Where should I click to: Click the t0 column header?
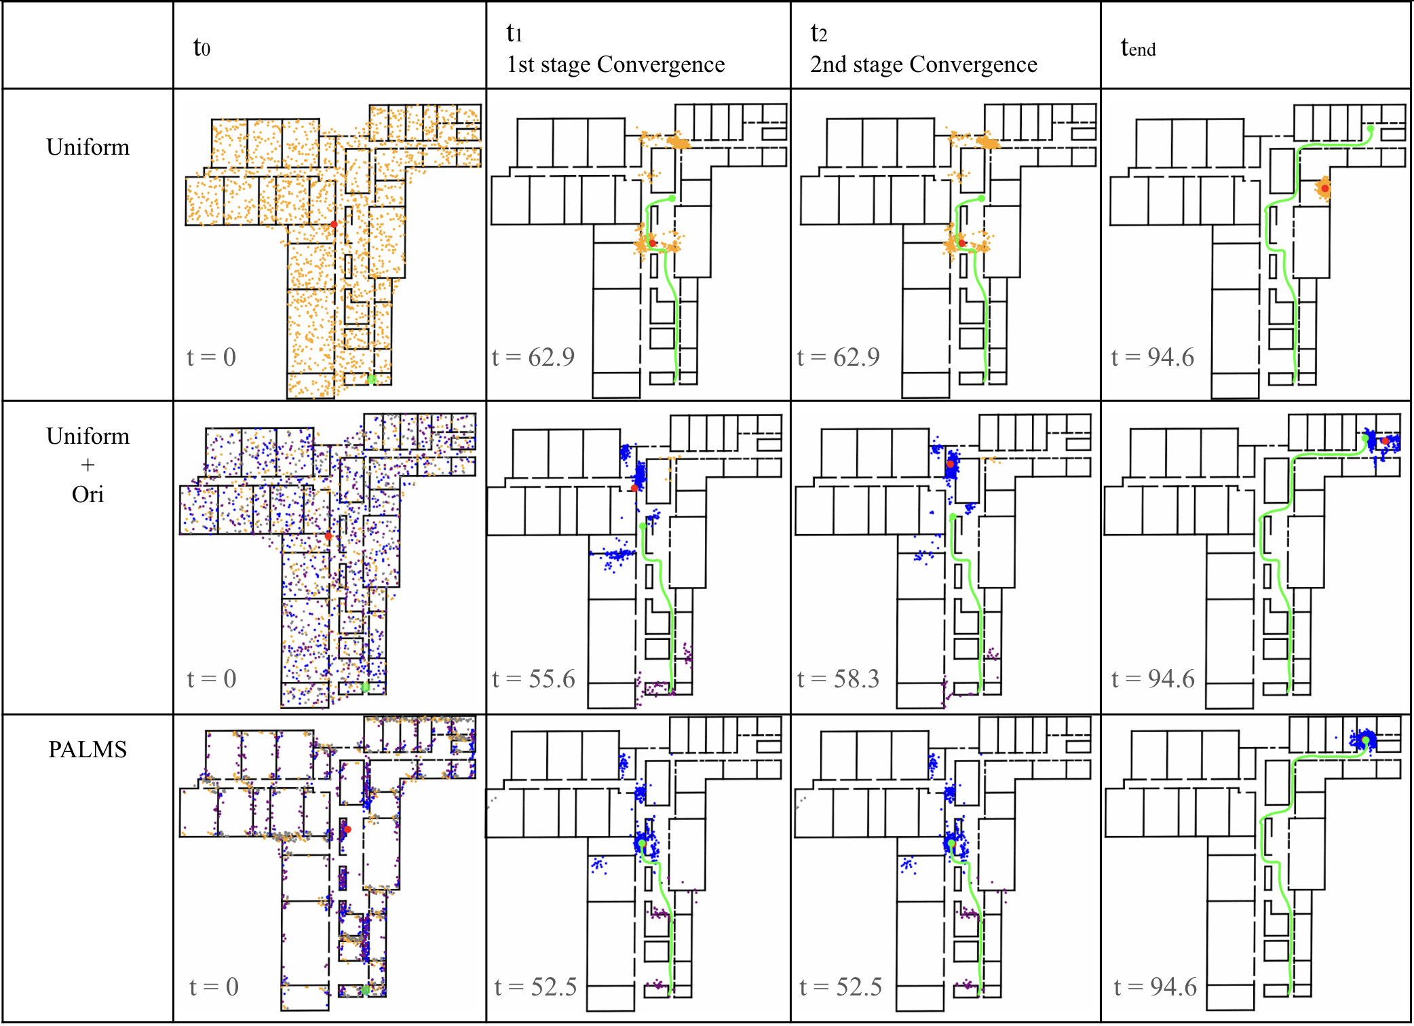click(x=202, y=47)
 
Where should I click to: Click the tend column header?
click(x=1138, y=47)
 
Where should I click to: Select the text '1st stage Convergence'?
click(x=615, y=64)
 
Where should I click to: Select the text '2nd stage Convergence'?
click(x=923, y=64)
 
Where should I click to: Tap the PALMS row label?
click(x=88, y=749)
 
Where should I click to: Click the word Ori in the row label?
click(x=88, y=494)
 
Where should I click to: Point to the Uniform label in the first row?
click(x=88, y=147)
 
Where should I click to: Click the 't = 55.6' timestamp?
click(x=533, y=679)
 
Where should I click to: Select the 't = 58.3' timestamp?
click(x=838, y=679)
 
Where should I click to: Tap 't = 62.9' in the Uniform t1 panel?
click(x=533, y=357)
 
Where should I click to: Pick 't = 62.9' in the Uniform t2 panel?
click(x=838, y=357)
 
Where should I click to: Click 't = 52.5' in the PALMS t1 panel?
click(x=535, y=987)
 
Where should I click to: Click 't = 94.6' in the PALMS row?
click(x=1155, y=987)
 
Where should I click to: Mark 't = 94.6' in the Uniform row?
click(x=1152, y=357)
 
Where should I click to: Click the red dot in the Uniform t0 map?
click(x=334, y=224)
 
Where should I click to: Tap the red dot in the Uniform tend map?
click(x=1324, y=188)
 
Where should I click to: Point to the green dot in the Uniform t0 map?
click(x=371, y=379)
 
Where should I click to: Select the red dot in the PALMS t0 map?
click(x=347, y=829)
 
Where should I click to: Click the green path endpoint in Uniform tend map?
click(x=1371, y=129)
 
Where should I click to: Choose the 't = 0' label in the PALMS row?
click(x=214, y=987)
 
